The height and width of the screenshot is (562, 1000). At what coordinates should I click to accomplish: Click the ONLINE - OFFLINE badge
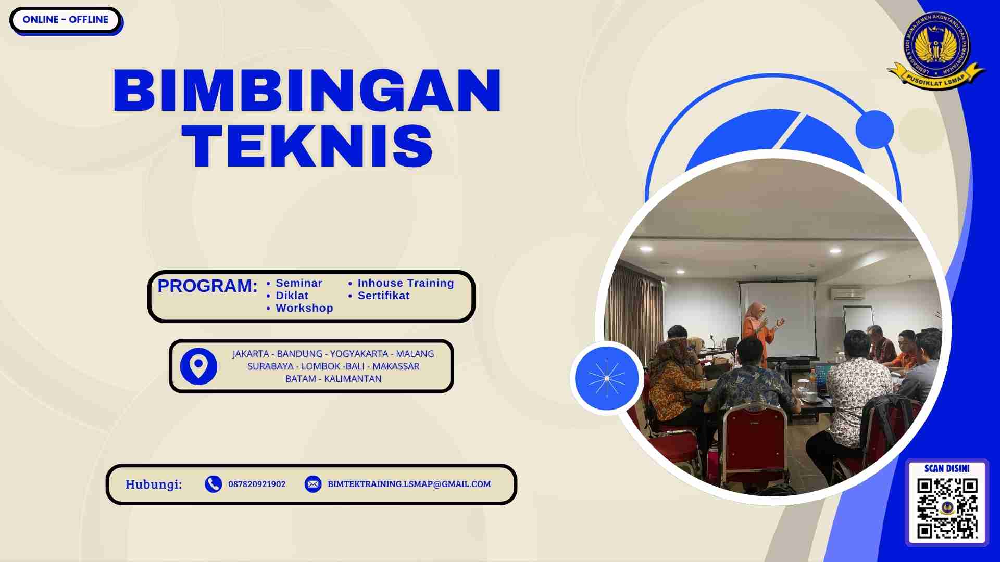tap(66, 20)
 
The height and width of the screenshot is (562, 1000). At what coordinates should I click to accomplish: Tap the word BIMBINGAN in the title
tap(307, 91)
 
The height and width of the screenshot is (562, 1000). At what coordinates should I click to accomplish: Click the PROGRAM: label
tap(207, 286)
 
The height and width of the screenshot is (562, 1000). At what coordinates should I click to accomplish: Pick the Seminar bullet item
tap(298, 283)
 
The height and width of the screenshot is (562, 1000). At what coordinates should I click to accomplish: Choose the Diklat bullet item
tap(292, 296)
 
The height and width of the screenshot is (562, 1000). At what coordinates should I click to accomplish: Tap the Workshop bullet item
tap(304, 308)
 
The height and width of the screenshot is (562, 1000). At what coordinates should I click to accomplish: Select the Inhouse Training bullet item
tap(405, 283)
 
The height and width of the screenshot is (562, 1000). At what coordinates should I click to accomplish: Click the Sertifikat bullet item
tap(383, 296)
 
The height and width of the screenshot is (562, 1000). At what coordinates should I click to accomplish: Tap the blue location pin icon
tap(198, 366)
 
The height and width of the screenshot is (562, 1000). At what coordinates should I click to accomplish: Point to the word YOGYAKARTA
tap(359, 354)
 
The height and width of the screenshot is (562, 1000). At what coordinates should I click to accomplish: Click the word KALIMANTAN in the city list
tap(353, 379)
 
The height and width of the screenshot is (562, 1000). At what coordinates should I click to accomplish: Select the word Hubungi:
tap(154, 484)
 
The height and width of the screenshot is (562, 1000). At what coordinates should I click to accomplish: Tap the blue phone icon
tap(213, 484)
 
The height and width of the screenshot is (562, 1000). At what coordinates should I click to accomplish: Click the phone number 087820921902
tap(257, 484)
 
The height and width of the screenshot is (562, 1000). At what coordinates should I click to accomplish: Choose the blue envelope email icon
tap(313, 484)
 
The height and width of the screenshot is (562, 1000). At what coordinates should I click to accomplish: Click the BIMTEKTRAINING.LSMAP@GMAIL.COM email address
tap(409, 484)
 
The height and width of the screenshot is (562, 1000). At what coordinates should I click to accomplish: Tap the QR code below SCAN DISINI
tap(947, 508)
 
